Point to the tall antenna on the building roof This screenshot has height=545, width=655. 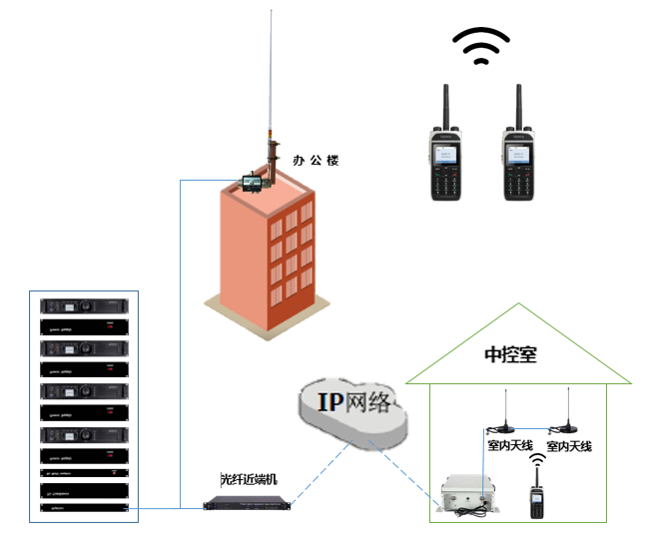pyautogui.click(x=270, y=90)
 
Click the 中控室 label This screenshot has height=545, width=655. pyautogui.click(x=510, y=354)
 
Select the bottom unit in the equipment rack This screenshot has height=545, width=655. pyautogui.click(x=85, y=508)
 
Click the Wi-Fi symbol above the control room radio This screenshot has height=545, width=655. pyautogui.click(x=536, y=460)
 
